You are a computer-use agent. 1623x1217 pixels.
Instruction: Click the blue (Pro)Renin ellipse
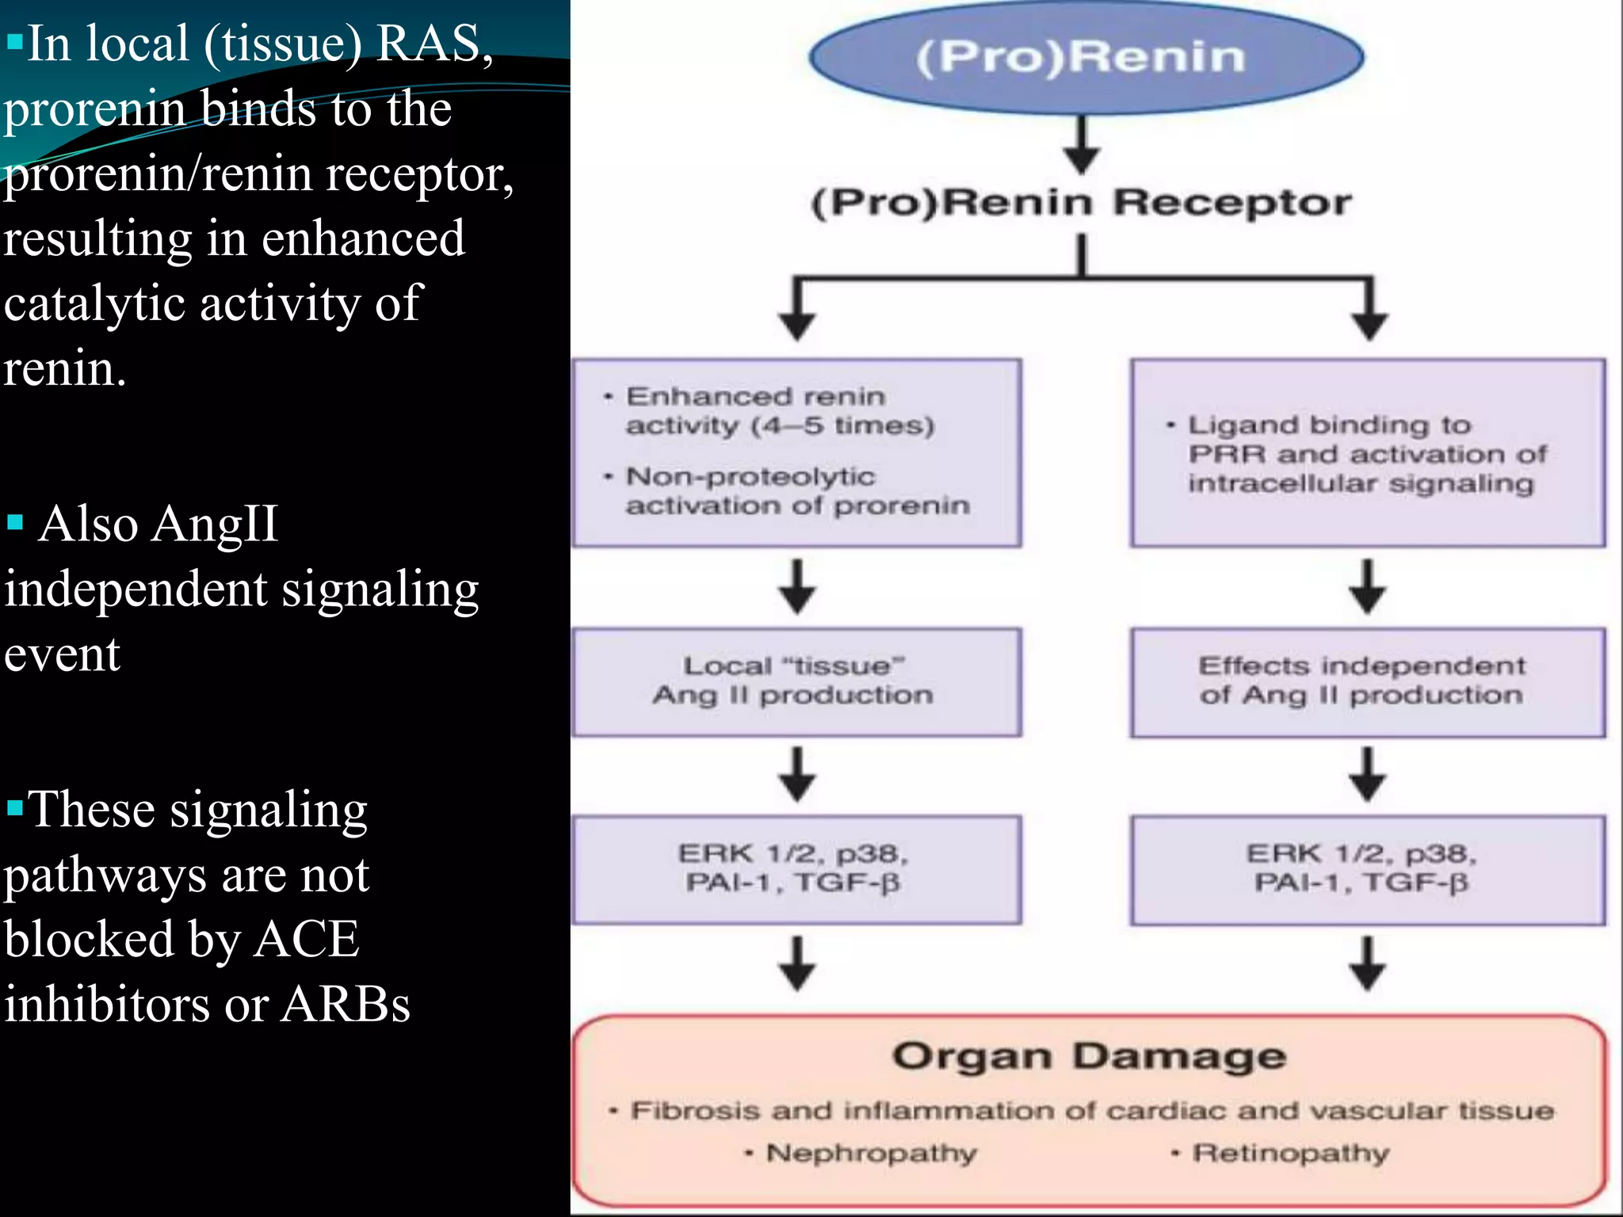click(1086, 57)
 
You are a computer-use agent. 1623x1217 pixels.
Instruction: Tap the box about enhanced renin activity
click(796, 452)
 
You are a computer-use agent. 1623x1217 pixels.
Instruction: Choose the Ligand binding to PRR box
click(1367, 452)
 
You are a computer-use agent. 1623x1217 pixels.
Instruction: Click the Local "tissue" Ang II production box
click(796, 682)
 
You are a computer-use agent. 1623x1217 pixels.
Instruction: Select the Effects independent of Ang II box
click(1367, 682)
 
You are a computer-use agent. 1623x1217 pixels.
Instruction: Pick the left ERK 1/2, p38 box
click(796, 869)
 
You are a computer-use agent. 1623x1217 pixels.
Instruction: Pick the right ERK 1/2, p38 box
click(1367, 869)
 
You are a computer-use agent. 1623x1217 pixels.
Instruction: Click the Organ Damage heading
click(1089, 1057)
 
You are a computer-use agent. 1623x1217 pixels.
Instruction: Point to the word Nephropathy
click(870, 1153)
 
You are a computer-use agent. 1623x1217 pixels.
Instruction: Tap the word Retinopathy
click(1290, 1153)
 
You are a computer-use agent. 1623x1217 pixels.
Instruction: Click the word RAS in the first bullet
click(429, 43)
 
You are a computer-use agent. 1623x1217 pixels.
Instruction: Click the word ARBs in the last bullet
click(346, 1004)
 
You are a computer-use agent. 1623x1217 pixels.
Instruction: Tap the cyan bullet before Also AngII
click(14, 522)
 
